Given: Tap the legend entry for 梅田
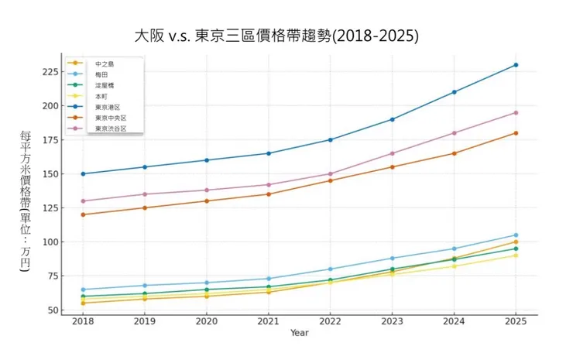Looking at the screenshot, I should tap(101, 74).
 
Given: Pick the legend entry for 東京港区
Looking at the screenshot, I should tap(108, 107).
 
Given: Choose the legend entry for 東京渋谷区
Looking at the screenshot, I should tap(110, 129).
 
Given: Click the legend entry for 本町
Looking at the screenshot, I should tap(101, 96).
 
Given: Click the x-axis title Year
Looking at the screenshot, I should tap(299, 333).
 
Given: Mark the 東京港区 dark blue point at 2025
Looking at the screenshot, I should tap(516, 65).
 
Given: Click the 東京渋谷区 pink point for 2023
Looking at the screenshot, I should tap(392, 153).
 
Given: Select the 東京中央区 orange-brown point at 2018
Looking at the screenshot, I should tap(83, 214).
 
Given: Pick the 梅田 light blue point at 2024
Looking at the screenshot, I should tap(454, 249).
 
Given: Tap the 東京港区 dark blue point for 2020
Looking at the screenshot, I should tap(206, 160).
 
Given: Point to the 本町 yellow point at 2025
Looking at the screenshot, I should tap(516, 255).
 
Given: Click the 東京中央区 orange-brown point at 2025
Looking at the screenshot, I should tap(516, 133).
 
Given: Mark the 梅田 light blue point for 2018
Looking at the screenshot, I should tap(83, 290).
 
